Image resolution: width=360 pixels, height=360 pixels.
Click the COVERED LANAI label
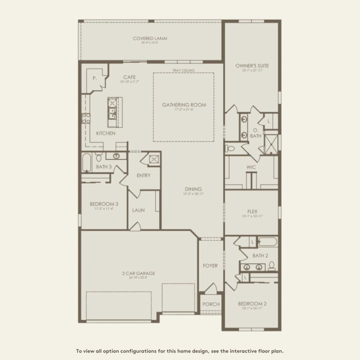(x=150, y=38)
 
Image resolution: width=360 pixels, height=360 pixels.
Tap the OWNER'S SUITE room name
(x=252, y=66)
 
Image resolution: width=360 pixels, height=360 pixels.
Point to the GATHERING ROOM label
(x=184, y=105)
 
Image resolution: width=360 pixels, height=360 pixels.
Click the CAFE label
(x=129, y=77)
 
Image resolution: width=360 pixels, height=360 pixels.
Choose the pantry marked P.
(x=94, y=79)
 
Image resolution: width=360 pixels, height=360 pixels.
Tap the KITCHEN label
(x=106, y=133)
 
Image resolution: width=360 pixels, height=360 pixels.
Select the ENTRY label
(x=143, y=175)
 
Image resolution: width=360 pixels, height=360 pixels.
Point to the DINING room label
(x=194, y=189)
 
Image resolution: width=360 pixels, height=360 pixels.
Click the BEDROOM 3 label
(x=104, y=204)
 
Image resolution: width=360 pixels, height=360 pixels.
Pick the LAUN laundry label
(x=138, y=210)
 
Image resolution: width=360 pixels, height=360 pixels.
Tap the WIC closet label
(x=252, y=166)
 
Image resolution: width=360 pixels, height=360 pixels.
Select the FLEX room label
(x=252, y=211)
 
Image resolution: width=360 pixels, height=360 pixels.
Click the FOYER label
(x=210, y=266)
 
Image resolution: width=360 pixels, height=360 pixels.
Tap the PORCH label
(x=211, y=304)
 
